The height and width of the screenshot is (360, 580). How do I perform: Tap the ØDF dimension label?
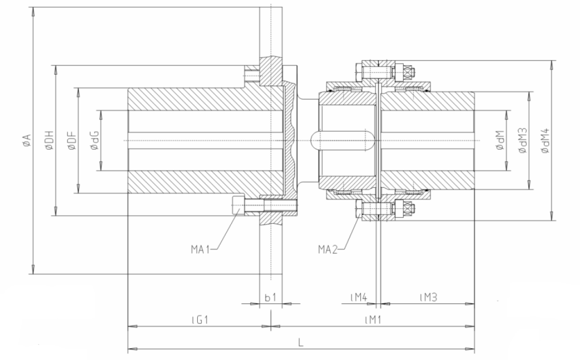point(71,140)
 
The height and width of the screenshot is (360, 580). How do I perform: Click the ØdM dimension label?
point(500,140)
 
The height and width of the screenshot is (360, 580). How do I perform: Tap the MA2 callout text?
point(328,248)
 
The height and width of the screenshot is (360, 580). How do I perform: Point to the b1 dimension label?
point(271,296)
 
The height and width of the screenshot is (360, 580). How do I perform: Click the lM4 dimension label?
point(359,296)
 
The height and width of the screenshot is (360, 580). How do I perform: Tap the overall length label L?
point(301,342)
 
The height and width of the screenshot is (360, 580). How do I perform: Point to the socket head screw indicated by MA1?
point(238,204)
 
